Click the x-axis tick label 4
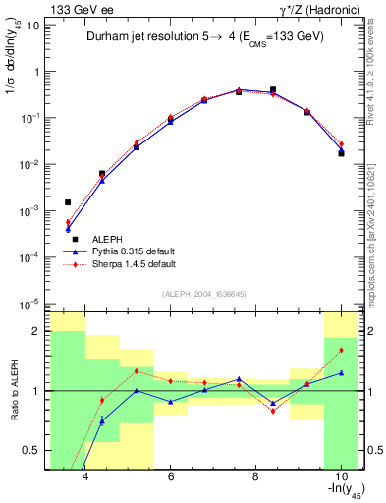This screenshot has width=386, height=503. [x=85, y=476]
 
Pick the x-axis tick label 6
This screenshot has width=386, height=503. [x=171, y=476]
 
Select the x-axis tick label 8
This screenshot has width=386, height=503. [x=255, y=476]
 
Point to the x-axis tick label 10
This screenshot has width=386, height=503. [x=340, y=476]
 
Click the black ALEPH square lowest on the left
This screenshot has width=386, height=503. [x=68, y=202]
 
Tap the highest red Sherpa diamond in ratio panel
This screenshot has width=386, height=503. [x=341, y=350]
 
